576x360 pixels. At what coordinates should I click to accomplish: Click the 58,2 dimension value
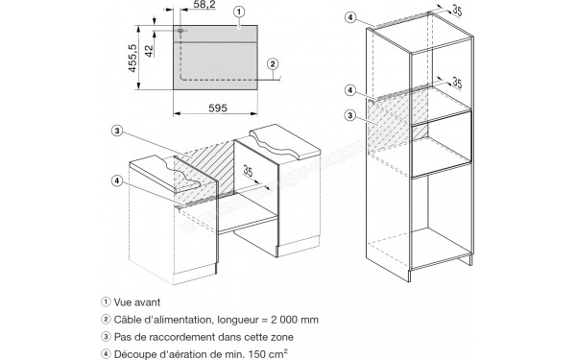(204, 5)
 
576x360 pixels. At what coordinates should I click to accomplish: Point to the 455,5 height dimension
(132, 58)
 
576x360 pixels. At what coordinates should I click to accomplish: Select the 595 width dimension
(218, 108)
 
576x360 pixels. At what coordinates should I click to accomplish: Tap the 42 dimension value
(149, 51)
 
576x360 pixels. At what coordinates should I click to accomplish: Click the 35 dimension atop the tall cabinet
(457, 10)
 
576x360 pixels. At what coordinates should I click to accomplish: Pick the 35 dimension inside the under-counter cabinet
(249, 171)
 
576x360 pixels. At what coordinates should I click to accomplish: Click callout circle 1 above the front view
(239, 12)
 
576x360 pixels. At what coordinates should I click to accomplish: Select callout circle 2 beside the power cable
(273, 64)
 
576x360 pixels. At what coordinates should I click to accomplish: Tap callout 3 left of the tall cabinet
(350, 115)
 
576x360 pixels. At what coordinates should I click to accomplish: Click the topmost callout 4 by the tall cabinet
(350, 17)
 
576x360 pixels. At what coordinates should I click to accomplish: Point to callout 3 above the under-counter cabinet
(117, 131)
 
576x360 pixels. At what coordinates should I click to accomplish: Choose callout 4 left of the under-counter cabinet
(117, 180)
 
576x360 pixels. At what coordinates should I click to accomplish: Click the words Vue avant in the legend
(137, 302)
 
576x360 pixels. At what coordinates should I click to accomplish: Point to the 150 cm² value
(268, 354)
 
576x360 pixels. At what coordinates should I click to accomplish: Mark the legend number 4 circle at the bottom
(106, 354)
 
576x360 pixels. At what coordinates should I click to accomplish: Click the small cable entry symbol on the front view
(180, 31)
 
